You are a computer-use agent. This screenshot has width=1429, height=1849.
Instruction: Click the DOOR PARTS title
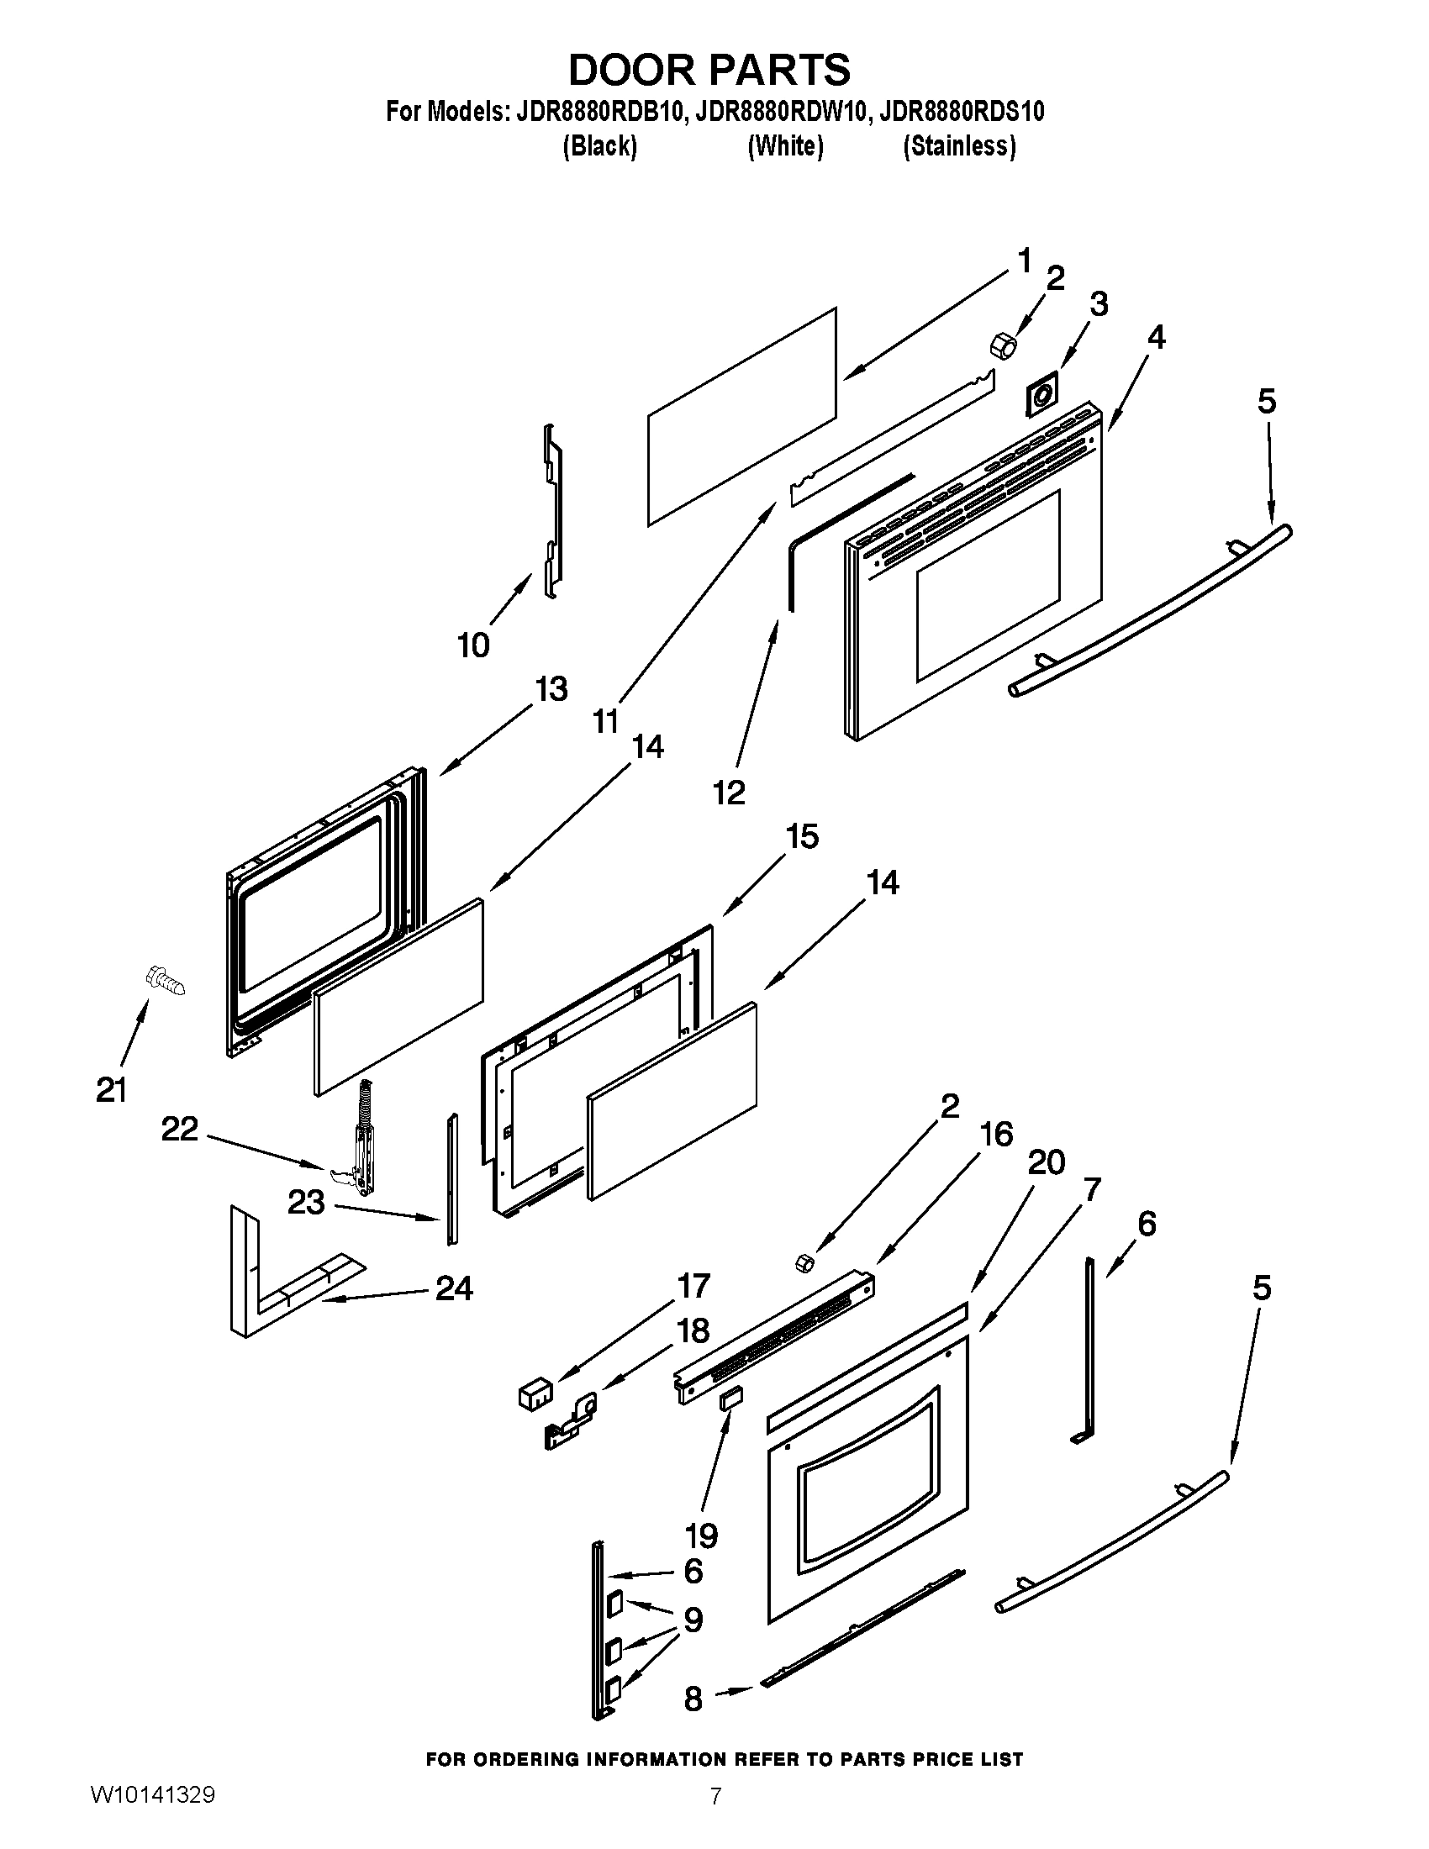(x=709, y=70)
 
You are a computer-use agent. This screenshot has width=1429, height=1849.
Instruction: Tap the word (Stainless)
(x=958, y=146)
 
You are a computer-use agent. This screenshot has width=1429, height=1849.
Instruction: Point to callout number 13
(x=551, y=689)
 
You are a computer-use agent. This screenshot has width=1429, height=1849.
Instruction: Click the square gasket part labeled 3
(x=1041, y=394)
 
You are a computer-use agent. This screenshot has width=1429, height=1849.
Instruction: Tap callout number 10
(x=473, y=645)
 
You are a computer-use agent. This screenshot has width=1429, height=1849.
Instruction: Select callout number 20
(x=1046, y=1162)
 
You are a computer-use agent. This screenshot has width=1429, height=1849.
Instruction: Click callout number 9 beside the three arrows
(x=693, y=1620)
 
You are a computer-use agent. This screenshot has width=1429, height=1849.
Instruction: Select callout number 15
(x=802, y=836)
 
